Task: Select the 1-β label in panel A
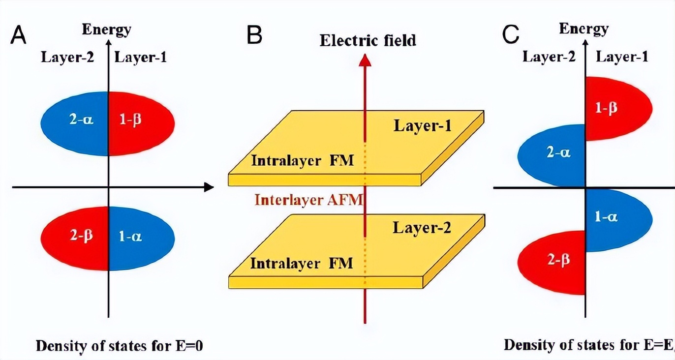(x=131, y=120)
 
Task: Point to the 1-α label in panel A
(x=131, y=237)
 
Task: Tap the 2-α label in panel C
(x=559, y=152)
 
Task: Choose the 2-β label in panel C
(x=558, y=259)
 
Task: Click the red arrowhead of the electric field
(x=365, y=60)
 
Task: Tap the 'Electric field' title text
(x=368, y=40)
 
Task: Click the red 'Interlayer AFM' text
(x=308, y=200)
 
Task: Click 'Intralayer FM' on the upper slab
(x=302, y=160)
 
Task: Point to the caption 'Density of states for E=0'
(x=120, y=346)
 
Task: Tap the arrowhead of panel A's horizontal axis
(x=209, y=187)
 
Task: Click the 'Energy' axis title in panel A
(x=106, y=30)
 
